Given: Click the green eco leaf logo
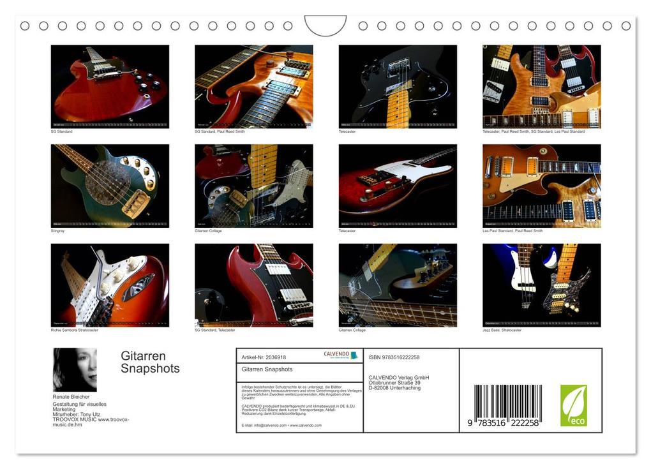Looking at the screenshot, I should click(x=573, y=405).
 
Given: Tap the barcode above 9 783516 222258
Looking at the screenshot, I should click(x=508, y=401).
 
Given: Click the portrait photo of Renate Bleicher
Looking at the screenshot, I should click(x=75, y=369).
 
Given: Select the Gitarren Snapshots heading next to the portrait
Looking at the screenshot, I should click(x=150, y=362).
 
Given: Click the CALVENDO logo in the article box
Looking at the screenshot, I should click(x=340, y=355).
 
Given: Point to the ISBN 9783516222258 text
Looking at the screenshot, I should click(x=394, y=357).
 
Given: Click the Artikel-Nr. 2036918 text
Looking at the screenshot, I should click(x=264, y=357).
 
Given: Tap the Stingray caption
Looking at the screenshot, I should click(x=57, y=230).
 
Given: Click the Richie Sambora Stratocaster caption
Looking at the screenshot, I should click(x=75, y=330).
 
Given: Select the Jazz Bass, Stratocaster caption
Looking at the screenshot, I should click(x=502, y=330).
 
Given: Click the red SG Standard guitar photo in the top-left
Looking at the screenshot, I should click(x=110, y=86).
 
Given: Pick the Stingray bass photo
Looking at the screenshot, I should click(x=110, y=186).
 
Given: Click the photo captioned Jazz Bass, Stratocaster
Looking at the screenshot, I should click(x=541, y=285).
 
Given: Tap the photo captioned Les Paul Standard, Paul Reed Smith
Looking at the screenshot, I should click(x=541, y=186).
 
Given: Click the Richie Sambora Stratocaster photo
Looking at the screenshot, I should click(x=110, y=285).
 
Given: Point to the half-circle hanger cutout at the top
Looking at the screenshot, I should click(x=325, y=26).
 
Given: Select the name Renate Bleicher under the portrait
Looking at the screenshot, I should click(x=71, y=396).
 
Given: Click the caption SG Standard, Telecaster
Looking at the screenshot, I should click(x=214, y=330).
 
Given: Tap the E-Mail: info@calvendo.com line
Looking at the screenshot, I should click(x=281, y=425).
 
